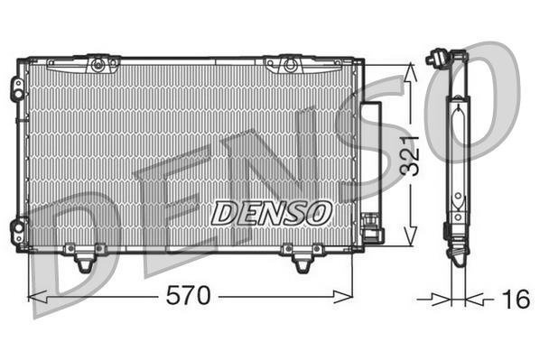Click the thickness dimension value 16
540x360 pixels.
(516, 300)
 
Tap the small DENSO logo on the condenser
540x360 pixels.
(272, 213)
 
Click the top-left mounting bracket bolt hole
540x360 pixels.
(98, 64)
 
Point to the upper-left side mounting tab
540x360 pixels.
(17, 88)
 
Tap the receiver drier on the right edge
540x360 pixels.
(372, 162)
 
